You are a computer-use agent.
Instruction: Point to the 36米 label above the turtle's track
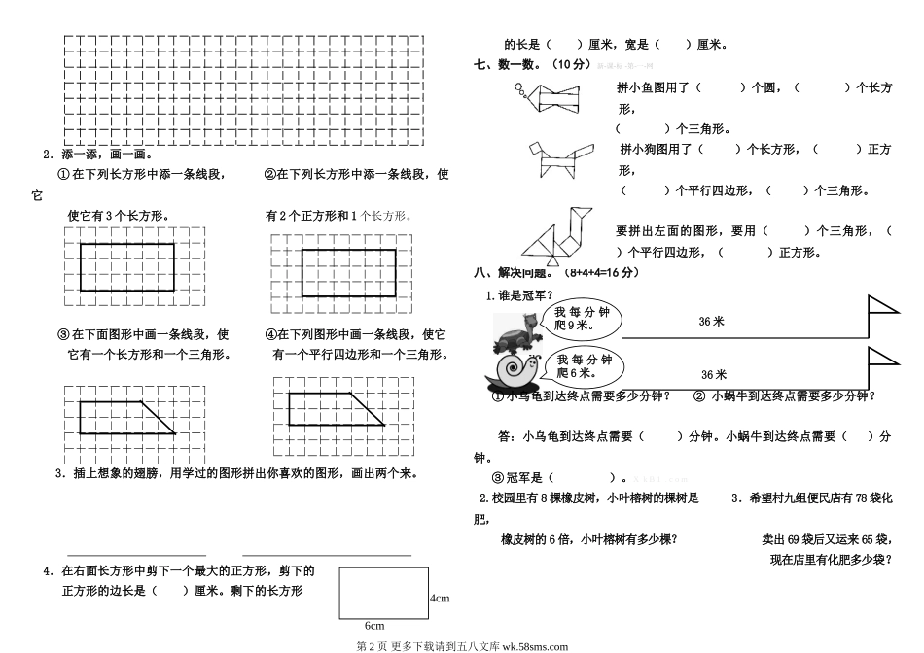coord(712,321)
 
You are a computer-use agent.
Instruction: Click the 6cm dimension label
coord(374,625)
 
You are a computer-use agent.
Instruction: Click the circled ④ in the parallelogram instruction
coord(270,334)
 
